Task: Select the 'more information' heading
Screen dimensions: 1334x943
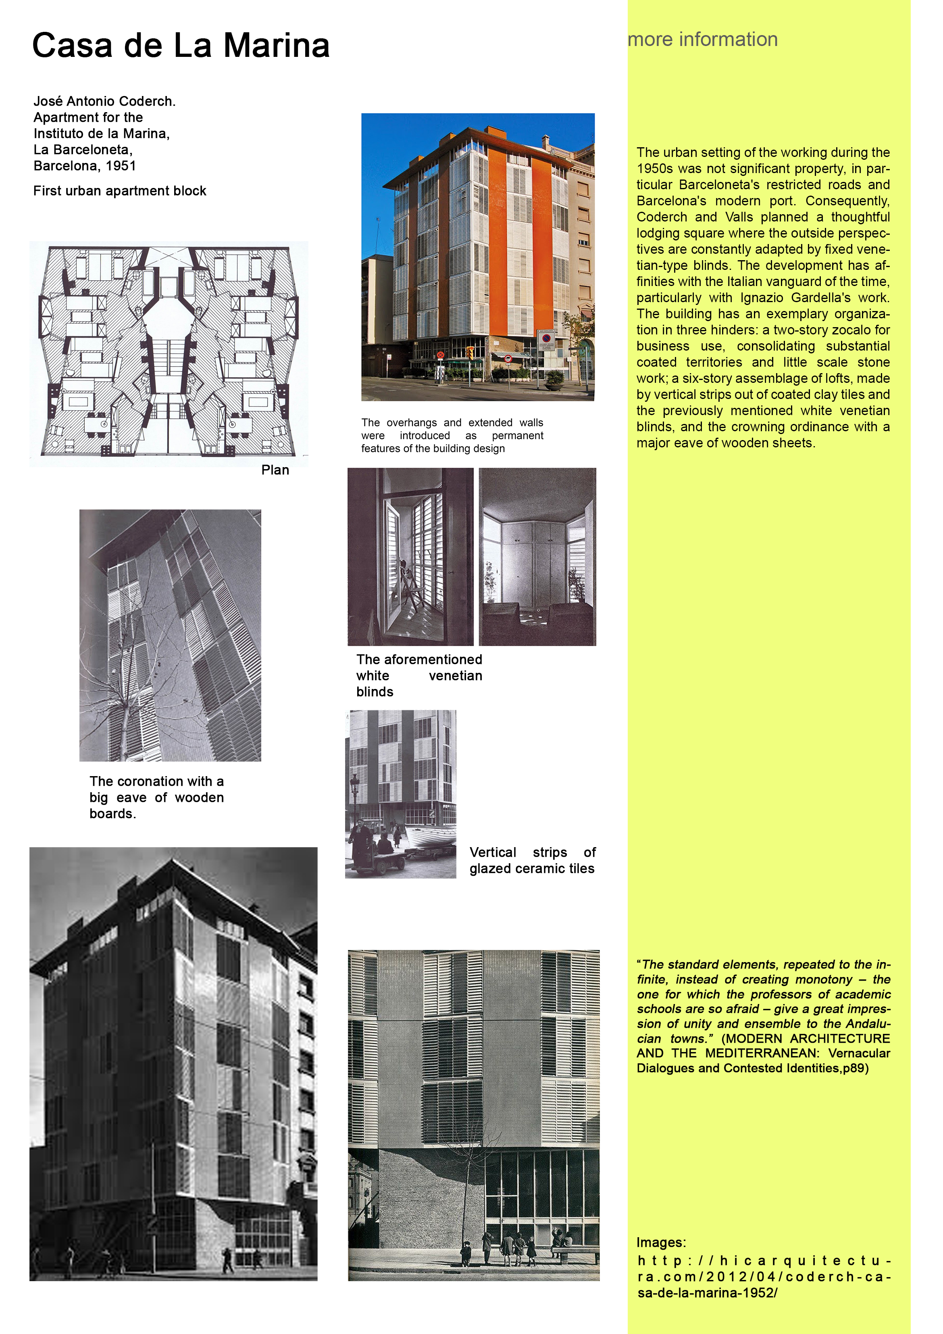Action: pyautogui.click(x=703, y=39)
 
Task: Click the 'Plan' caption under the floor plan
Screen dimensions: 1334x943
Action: pyautogui.click(x=275, y=470)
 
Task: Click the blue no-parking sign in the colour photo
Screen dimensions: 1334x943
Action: pyautogui.click(x=546, y=338)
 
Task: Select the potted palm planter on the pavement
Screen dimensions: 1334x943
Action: pyautogui.click(x=554, y=380)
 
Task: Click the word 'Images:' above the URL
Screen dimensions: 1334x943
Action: pyautogui.click(x=661, y=1242)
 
